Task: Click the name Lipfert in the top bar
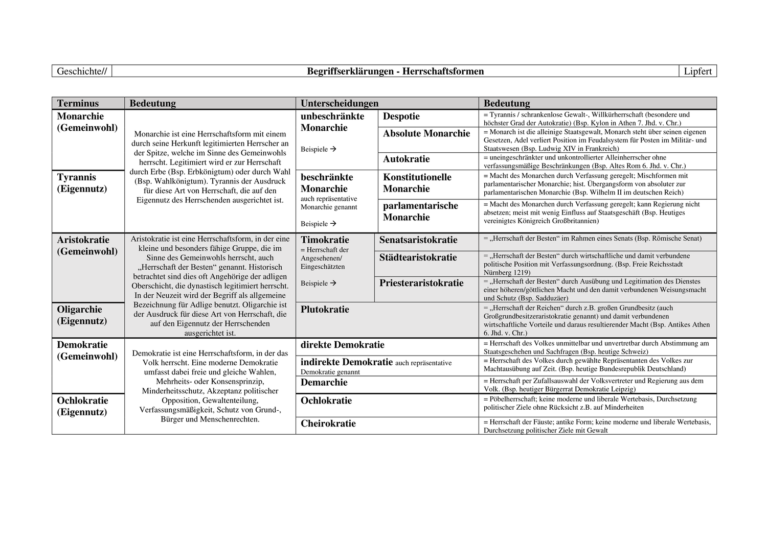[x=697, y=72]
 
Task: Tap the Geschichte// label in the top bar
[x=82, y=72]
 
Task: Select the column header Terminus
[x=78, y=104]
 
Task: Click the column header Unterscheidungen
[x=340, y=104]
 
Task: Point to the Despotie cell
[x=401, y=116]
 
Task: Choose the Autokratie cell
[x=407, y=159]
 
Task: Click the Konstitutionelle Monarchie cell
[x=417, y=183]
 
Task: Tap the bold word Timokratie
[x=325, y=240]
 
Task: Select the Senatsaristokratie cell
[x=418, y=240]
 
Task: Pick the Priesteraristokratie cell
[x=421, y=284]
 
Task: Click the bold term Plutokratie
[x=325, y=310]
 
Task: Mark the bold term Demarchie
[x=324, y=383]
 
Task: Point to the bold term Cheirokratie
[x=328, y=423]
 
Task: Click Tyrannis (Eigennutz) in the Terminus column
[x=82, y=183]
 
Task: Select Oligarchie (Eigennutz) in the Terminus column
[x=82, y=315]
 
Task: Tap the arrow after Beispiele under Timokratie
[x=333, y=283]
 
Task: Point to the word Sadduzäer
[x=553, y=298]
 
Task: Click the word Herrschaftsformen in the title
[x=443, y=72]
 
